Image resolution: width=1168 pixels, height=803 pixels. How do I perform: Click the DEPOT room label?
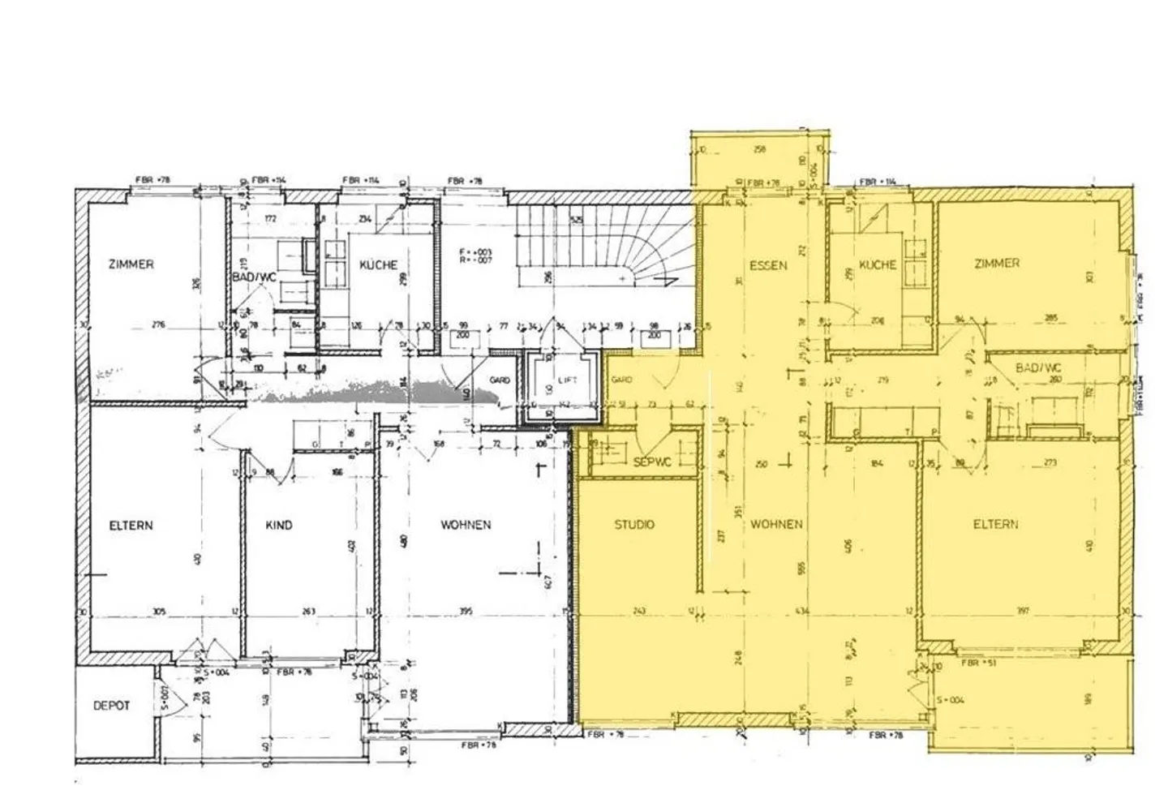coord(111,706)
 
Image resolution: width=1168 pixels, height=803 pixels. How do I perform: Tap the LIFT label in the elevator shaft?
coord(567,380)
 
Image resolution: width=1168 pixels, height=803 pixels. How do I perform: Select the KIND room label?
coord(279,526)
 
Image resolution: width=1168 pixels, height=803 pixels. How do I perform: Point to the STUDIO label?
coord(634,525)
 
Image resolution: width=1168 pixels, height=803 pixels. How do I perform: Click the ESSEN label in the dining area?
coord(767,265)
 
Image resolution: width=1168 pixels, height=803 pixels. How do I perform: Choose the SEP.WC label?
coord(652,462)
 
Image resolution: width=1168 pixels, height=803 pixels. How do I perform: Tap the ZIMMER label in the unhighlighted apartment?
coord(131,264)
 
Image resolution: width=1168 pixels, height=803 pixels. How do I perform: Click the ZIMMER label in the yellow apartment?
coord(997,264)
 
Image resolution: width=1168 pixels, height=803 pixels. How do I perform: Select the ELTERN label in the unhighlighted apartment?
coord(131,526)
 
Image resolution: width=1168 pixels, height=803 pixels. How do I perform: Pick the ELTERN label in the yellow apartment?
coord(995,525)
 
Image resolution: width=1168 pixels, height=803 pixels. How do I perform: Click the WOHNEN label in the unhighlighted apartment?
coord(466,525)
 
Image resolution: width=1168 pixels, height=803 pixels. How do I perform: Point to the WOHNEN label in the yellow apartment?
coord(776,525)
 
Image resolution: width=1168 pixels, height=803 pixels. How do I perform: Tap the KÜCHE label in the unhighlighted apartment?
coord(378,265)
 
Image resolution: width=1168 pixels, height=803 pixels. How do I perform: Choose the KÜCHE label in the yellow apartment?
coord(878,265)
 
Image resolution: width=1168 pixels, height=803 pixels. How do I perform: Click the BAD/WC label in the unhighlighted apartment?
coord(254,277)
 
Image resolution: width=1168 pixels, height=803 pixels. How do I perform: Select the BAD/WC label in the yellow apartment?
coord(1037,368)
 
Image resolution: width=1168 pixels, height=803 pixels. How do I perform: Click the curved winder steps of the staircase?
coord(641,260)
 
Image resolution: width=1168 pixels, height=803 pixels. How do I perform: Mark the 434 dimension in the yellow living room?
coord(802,611)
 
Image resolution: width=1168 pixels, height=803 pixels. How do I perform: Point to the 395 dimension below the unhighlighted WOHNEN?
coord(466,611)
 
